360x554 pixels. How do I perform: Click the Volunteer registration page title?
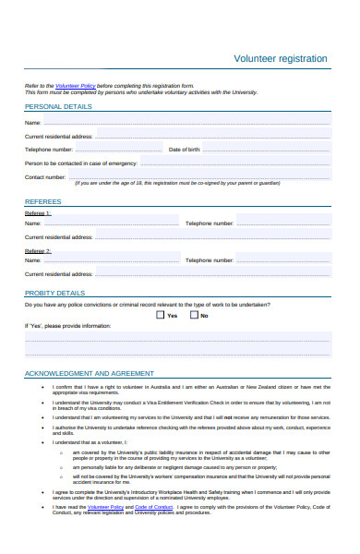pyautogui.click(x=281, y=58)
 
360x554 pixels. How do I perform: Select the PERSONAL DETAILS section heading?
pyautogui.click(x=58, y=107)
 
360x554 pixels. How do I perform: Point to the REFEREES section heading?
pyautogui.click(x=43, y=200)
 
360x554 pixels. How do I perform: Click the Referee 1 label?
pyautogui.click(x=38, y=212)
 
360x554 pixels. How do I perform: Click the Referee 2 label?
pyautogui.click(x=38, y=250)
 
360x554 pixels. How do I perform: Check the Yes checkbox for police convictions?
pyautogui.click(x=161, y=315)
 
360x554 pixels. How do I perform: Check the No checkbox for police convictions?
pyautogui.click(x=194, y=315)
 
